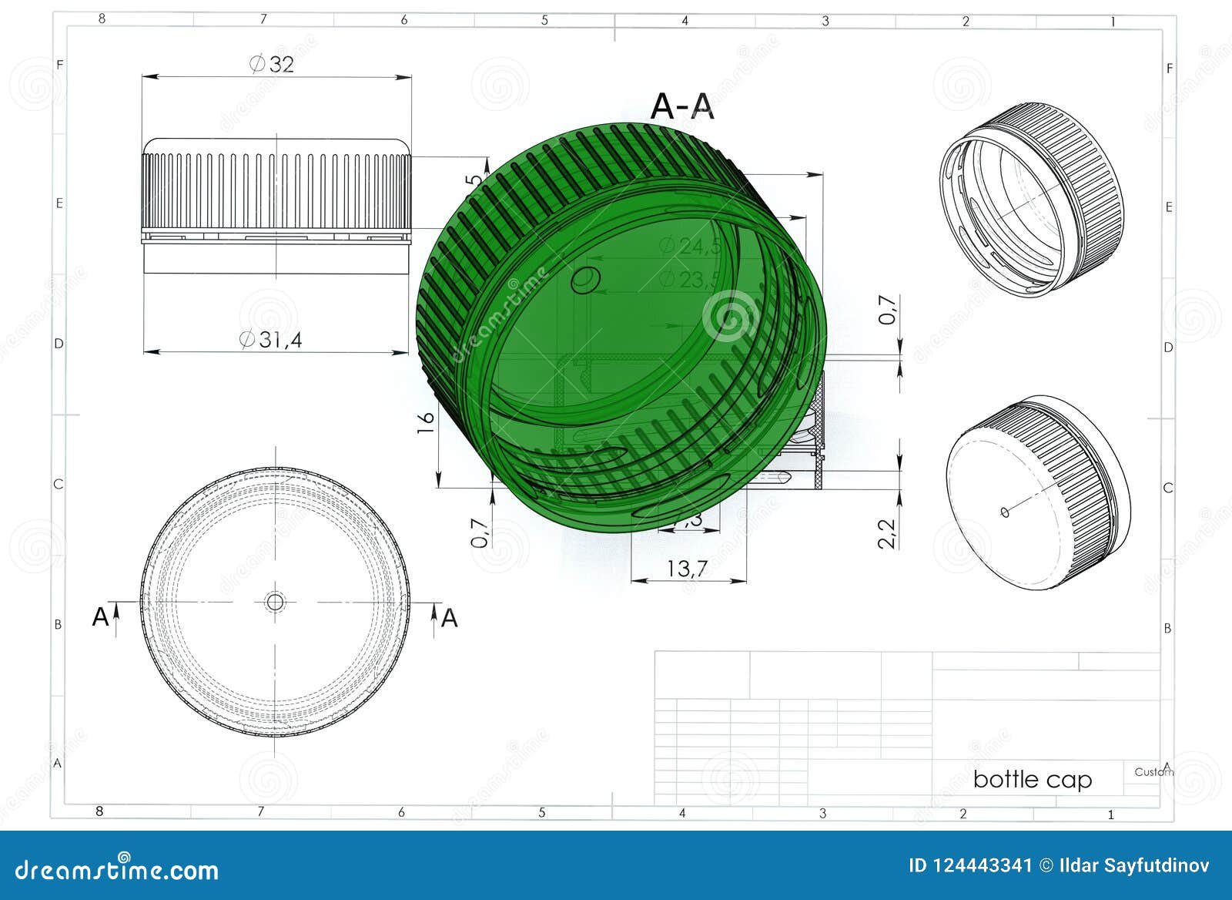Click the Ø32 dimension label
[x=272, y=64]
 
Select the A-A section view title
[x=682, y=106]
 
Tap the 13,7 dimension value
[x=687, y=569]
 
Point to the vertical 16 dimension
[x=426, y=421]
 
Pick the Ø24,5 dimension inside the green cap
[x=690, y=247]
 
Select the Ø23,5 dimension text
[x=690, y=279]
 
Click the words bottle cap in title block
[x=1032, y=779]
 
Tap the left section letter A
[x=100, y=617]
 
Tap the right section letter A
[x=449, y=618]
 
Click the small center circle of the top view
[x=275, y=602]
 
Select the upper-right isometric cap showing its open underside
[x=1032, y=199]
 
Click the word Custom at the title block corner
[x=1153, y=771]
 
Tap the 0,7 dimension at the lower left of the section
[x=480, y=532]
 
